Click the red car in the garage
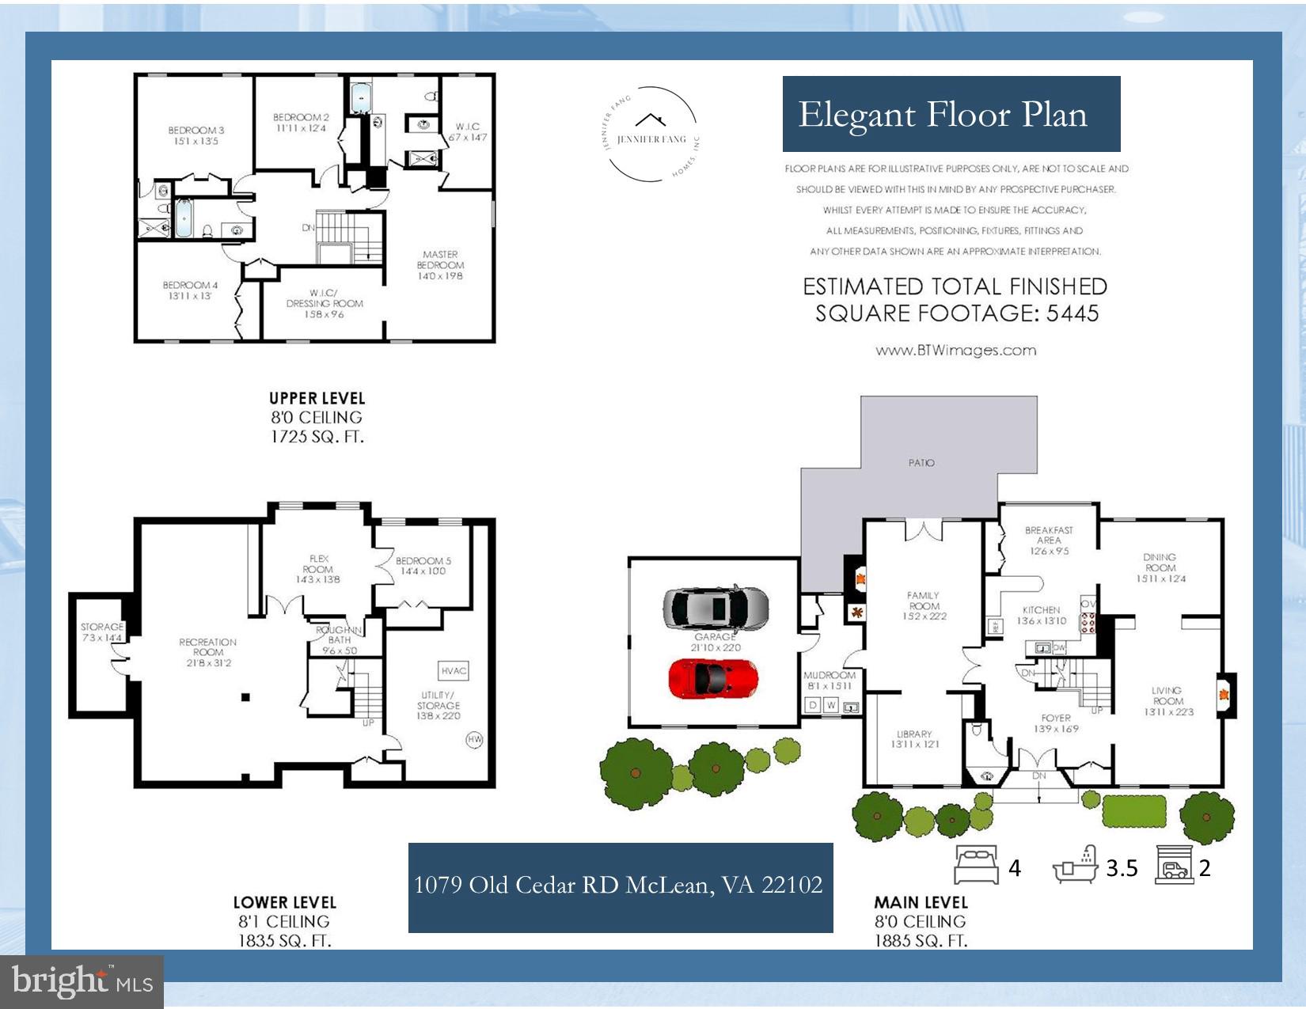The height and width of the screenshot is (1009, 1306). click(x=713, y=678)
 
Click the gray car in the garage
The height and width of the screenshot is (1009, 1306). click(x=715, y=608)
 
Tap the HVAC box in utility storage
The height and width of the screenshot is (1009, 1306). click(x=454, y=670)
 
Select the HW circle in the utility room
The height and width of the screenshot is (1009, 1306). click(x=475, y=739)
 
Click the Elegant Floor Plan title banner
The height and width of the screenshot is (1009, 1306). click(x=951, y=114)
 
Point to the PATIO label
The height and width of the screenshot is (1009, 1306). click(x=921, y=462)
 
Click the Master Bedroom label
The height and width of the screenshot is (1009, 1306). click(x=440, y=265)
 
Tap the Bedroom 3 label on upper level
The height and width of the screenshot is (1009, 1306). click(x=196, y=135)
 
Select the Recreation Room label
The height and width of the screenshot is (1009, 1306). click(x=207, y=647)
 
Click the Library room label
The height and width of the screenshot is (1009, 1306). click(x=915, y=738)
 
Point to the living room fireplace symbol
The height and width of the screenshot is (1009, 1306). click(x=1224, y=696)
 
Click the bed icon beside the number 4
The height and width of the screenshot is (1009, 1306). click(x=977, y=865)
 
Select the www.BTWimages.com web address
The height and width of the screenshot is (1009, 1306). click(x=955, y=350)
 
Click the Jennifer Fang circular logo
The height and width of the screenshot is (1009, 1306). click(x=651, y=134)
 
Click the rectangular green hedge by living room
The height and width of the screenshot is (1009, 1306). click(x=1133, y=810)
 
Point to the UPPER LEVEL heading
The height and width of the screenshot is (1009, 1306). click(x=317, y=398)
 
